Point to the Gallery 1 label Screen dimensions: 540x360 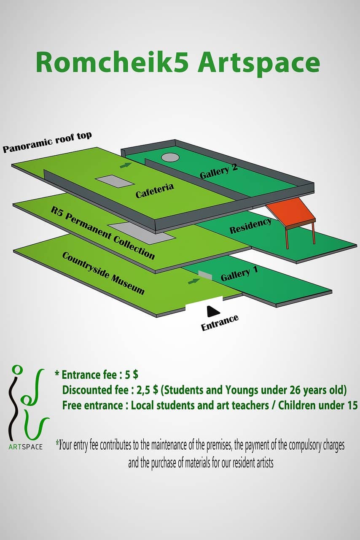[x=239, y=274]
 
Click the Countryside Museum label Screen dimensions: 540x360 [x=103, y=273]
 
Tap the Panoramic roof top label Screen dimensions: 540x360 [x=47, y=143]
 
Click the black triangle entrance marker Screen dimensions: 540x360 [x=213, y=311]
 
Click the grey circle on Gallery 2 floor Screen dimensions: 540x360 [x=170, y=157]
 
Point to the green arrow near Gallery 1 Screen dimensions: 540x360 [x=194, y=281]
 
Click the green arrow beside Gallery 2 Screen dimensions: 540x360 [x=126, y=165]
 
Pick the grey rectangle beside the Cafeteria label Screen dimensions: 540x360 [x=115, y=182]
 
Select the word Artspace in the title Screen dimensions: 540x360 [x=259, y=63]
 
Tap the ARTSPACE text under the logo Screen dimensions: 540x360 [x=26, y=447]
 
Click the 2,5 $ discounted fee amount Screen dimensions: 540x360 [x=146, y=390]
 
